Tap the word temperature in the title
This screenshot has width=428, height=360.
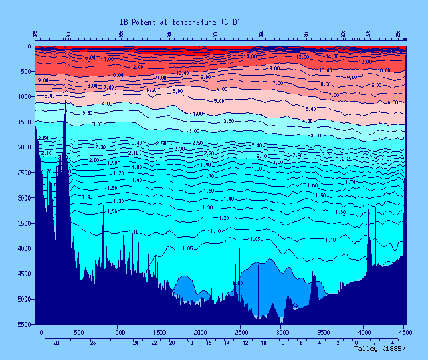click(x=191, y=22)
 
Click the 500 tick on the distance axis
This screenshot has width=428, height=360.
click(x=78, y=331)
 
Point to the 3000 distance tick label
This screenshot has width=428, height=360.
click(x=282, y=331)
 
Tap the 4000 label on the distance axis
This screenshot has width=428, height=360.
click(x=364, y=331)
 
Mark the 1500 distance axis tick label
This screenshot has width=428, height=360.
click(x=160, y=331)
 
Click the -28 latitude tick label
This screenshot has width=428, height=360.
click(x=56, y=343)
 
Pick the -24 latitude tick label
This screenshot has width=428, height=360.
click(x=135, y=343)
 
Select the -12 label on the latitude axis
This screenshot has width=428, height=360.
click(x=244, y=343)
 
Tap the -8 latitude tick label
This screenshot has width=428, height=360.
click(x=282, y=343)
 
